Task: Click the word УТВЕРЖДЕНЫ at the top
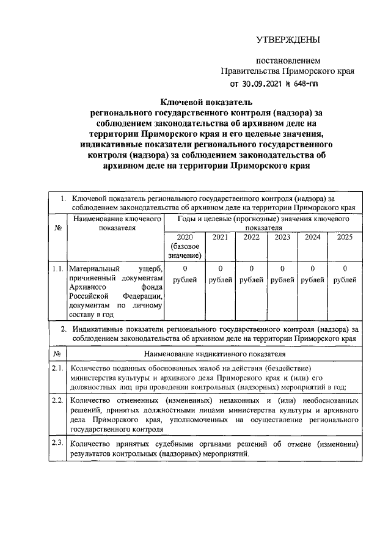(287, 41)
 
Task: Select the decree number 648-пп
(308, 84)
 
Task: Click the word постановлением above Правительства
(288, 62)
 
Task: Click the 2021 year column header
(220, 238)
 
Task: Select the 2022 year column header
(251, 238)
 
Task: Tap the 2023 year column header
(282, 238)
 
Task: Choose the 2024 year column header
(312, 238)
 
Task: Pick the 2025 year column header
(345, 238)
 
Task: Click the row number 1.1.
(57, 268)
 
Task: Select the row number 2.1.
(57, 368)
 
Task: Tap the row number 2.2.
(57, 400)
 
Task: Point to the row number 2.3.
(57, 443)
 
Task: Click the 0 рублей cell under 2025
(345, 274)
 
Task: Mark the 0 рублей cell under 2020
(184, 274)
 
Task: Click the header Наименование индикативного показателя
(214, 354)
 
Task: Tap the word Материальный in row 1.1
(92, 269)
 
